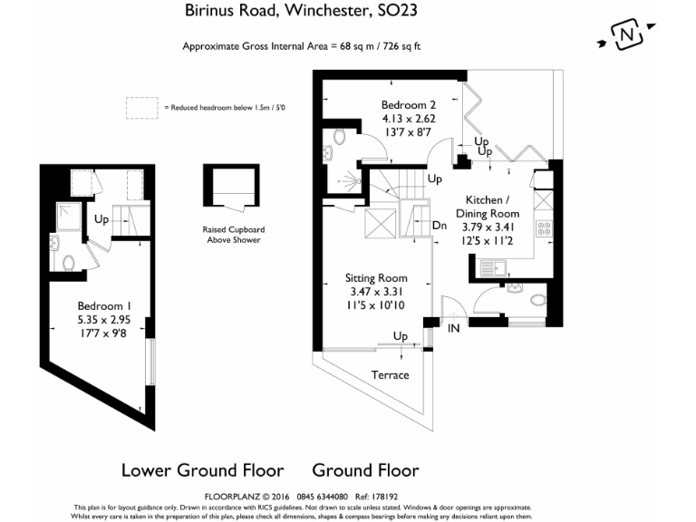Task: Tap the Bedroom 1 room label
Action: click(x=101, y=304)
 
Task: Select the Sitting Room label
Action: click(x=376, y=278)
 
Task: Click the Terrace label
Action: click(x=391, y=374)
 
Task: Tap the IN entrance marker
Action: click(x=453, y=328)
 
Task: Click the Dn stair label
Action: click(x=439, y=226)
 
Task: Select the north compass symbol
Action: click(x=626, y=36)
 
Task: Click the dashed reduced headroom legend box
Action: click(x=141, y=108)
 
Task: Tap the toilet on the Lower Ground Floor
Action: click(x=70, y=264)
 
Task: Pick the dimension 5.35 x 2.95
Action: click(x=101, y=319)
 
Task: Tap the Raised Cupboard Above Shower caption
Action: click(x=233, y=234)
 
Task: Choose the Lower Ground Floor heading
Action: click(x=202, y=470)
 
